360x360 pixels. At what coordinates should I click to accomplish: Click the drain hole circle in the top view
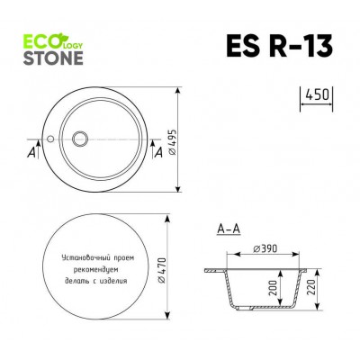pos(80,139)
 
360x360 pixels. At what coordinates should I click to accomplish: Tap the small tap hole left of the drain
pos(52,139)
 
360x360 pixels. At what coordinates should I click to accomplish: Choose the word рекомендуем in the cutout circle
pos(99,268)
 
